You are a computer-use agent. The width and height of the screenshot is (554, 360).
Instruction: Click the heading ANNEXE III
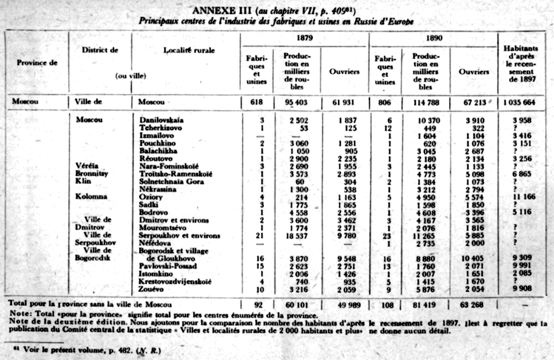(x=221, y=10)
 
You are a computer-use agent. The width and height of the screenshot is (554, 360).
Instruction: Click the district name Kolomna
(x=92, y=196)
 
